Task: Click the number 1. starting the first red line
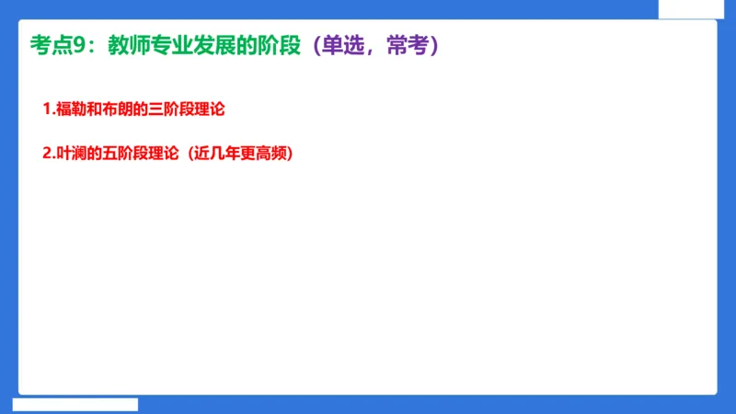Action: tap(49, 109)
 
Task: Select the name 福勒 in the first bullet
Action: tap(71, 109)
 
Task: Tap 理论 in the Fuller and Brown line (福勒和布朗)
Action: tap(211, 109)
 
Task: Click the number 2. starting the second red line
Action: tap(49, 155)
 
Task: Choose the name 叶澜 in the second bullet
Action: tap(71, 155)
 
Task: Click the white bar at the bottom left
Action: tap(75, 404)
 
